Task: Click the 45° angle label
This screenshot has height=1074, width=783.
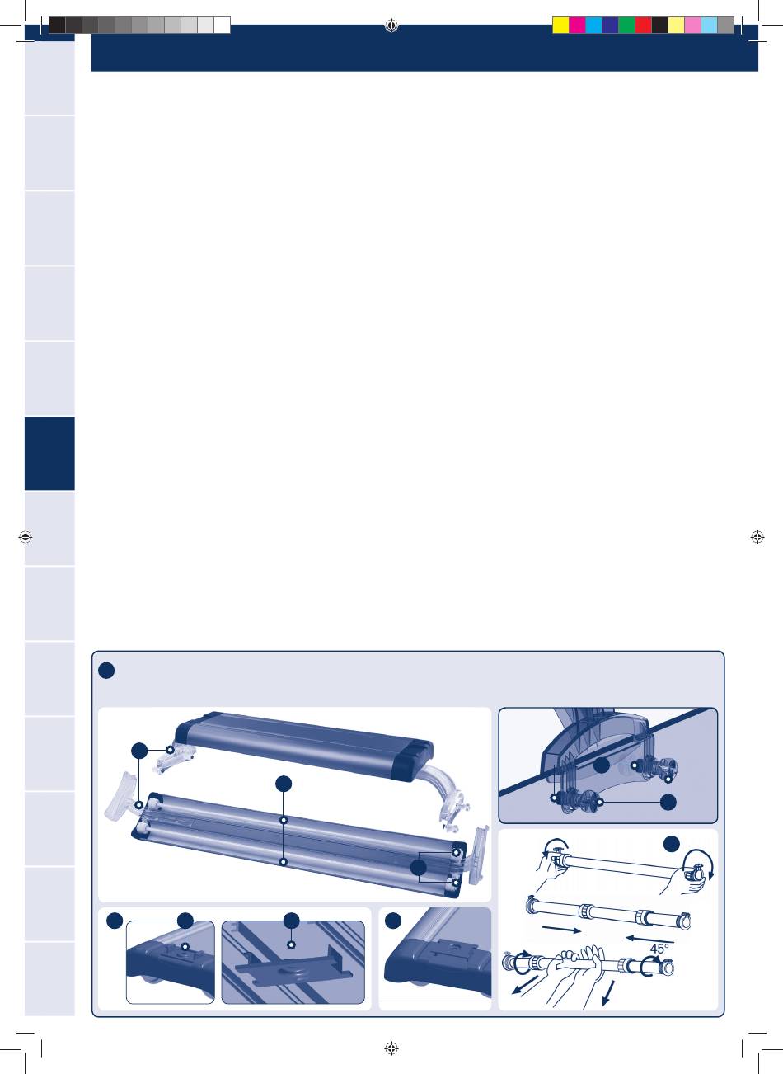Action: (659, 949)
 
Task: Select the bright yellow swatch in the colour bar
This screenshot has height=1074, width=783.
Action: (560, 25)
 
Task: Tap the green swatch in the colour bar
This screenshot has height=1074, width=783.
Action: (626, 25)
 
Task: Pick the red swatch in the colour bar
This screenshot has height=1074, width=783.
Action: (643, 25)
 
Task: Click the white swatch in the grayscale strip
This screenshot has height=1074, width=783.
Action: (223, 25)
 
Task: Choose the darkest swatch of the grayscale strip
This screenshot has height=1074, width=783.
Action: (57, 25)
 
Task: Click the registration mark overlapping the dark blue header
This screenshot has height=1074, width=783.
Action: (391, 28)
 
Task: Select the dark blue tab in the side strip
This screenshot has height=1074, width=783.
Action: (49, 453)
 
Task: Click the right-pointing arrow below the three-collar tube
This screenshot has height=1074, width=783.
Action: (562, 929)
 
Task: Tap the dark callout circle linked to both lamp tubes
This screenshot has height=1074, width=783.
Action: (284, 784)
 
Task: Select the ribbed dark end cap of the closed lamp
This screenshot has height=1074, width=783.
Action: (416, 757)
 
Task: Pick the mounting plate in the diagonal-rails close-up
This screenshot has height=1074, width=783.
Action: (293, 966)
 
